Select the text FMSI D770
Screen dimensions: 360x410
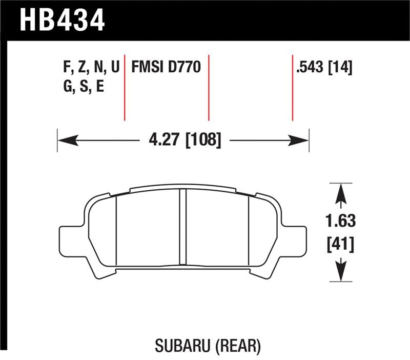point(165,67)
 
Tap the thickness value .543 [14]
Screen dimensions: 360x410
point(323,67)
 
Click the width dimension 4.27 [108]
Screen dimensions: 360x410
point(182,139)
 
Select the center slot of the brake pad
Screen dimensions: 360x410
point(182,228)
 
